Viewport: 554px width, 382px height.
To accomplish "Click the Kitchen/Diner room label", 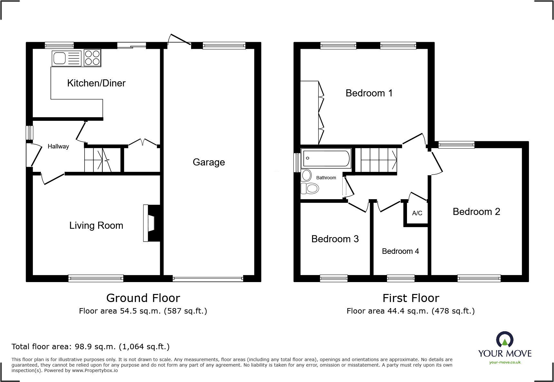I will click(96, 83).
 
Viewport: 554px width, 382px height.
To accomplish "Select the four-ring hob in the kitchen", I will click(92, 58).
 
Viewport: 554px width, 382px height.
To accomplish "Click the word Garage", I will click(208, 162).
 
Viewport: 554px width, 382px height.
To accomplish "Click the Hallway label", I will click(58, 147).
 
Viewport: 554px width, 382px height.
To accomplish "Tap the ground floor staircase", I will click(102, 160).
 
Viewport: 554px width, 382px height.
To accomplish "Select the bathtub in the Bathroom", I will click(326, 158).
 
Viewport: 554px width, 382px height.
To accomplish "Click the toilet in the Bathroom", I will click(310, 188).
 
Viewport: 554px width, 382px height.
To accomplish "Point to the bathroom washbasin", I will click(307, 175).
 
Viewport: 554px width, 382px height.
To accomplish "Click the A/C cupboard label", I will click(417, 213).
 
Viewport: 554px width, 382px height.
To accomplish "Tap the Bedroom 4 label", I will click(400, 251).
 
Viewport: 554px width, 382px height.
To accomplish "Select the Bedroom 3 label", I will click(335, 239).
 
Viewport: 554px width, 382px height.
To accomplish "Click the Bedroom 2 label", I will click(476, 212).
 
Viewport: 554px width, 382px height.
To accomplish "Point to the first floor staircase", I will click(379, 160).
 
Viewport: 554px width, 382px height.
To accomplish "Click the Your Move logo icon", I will click(504, 339).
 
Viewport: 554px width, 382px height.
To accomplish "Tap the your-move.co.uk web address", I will click(505, 362).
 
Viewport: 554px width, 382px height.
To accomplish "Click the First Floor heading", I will click(411, 298).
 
